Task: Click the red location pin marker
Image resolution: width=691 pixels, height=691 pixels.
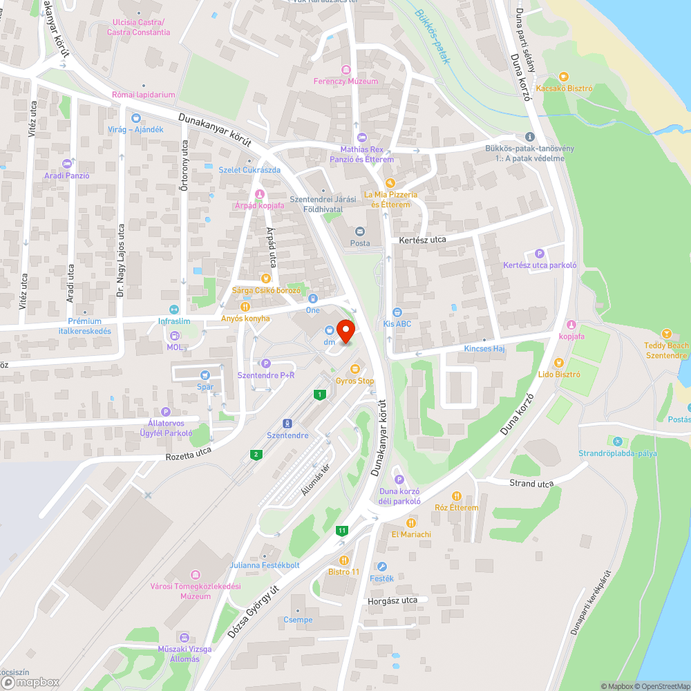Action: coord(345,330)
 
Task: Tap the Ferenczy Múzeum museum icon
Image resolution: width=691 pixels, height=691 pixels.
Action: coord(346,69)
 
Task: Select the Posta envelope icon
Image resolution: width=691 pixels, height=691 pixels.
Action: coord(359,231)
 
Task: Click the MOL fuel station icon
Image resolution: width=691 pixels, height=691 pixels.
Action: coord(174,336)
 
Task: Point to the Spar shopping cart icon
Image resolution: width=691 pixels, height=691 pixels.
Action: coord(205,375)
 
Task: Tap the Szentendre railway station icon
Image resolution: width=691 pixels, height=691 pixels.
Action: coord(287,423)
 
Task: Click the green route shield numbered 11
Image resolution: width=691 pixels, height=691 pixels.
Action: coord(341,531)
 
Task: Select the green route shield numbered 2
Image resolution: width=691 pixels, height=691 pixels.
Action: coord(256,454)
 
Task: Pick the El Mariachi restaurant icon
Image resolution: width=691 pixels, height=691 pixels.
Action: coord(411,522)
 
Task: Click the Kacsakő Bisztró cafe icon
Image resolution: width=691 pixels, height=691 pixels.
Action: coord(564,76)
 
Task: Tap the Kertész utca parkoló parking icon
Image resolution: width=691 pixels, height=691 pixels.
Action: coord(540,253)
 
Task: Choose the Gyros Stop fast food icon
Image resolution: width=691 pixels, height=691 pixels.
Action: coord(355,369)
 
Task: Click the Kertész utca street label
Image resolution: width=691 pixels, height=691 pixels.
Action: coord(422,240)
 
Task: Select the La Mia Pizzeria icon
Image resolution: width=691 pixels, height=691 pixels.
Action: coord(390,183)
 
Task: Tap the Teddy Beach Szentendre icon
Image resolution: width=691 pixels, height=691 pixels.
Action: coord(666,333)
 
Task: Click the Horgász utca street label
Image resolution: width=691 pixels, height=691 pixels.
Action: coord(394,600)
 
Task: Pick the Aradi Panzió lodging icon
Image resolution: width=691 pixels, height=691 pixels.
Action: coord(67,163)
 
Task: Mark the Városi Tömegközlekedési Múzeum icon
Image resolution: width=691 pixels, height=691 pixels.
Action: coord(195,575)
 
